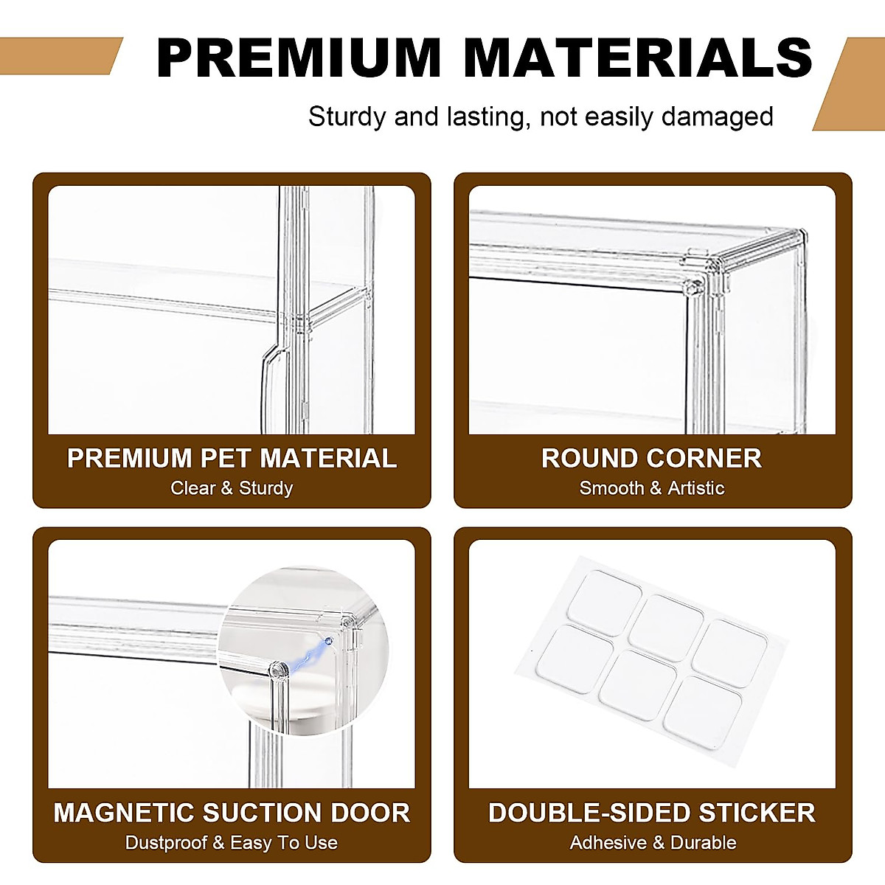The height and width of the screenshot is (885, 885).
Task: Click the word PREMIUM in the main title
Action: (x=299, y=58)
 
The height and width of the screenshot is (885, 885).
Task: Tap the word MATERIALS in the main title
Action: (x=638, y=58)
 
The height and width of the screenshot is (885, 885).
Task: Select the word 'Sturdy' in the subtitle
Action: (x=347, y=117)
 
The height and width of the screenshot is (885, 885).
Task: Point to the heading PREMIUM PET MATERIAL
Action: (x=232, y=458)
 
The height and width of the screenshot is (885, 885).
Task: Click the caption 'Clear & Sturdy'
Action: (x=232, y=488)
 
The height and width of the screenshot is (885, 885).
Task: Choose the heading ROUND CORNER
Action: (x=652, y=458)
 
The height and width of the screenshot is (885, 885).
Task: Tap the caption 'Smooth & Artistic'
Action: (x=652, y=488)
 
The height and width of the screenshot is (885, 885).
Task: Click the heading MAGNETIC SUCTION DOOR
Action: (x=232, y=813)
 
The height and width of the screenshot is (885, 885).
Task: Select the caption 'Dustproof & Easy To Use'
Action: (x=232, y=842)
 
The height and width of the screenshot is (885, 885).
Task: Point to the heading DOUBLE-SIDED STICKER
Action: (x=652, y=813)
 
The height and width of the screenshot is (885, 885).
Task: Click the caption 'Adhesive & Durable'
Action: (x=653, y=842)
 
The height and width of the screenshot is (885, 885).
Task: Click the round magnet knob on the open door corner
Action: (x=278, y=670)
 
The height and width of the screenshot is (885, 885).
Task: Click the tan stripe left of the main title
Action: (x=59, y=56)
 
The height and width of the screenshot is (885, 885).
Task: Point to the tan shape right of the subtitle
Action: (x=852, y=85)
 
